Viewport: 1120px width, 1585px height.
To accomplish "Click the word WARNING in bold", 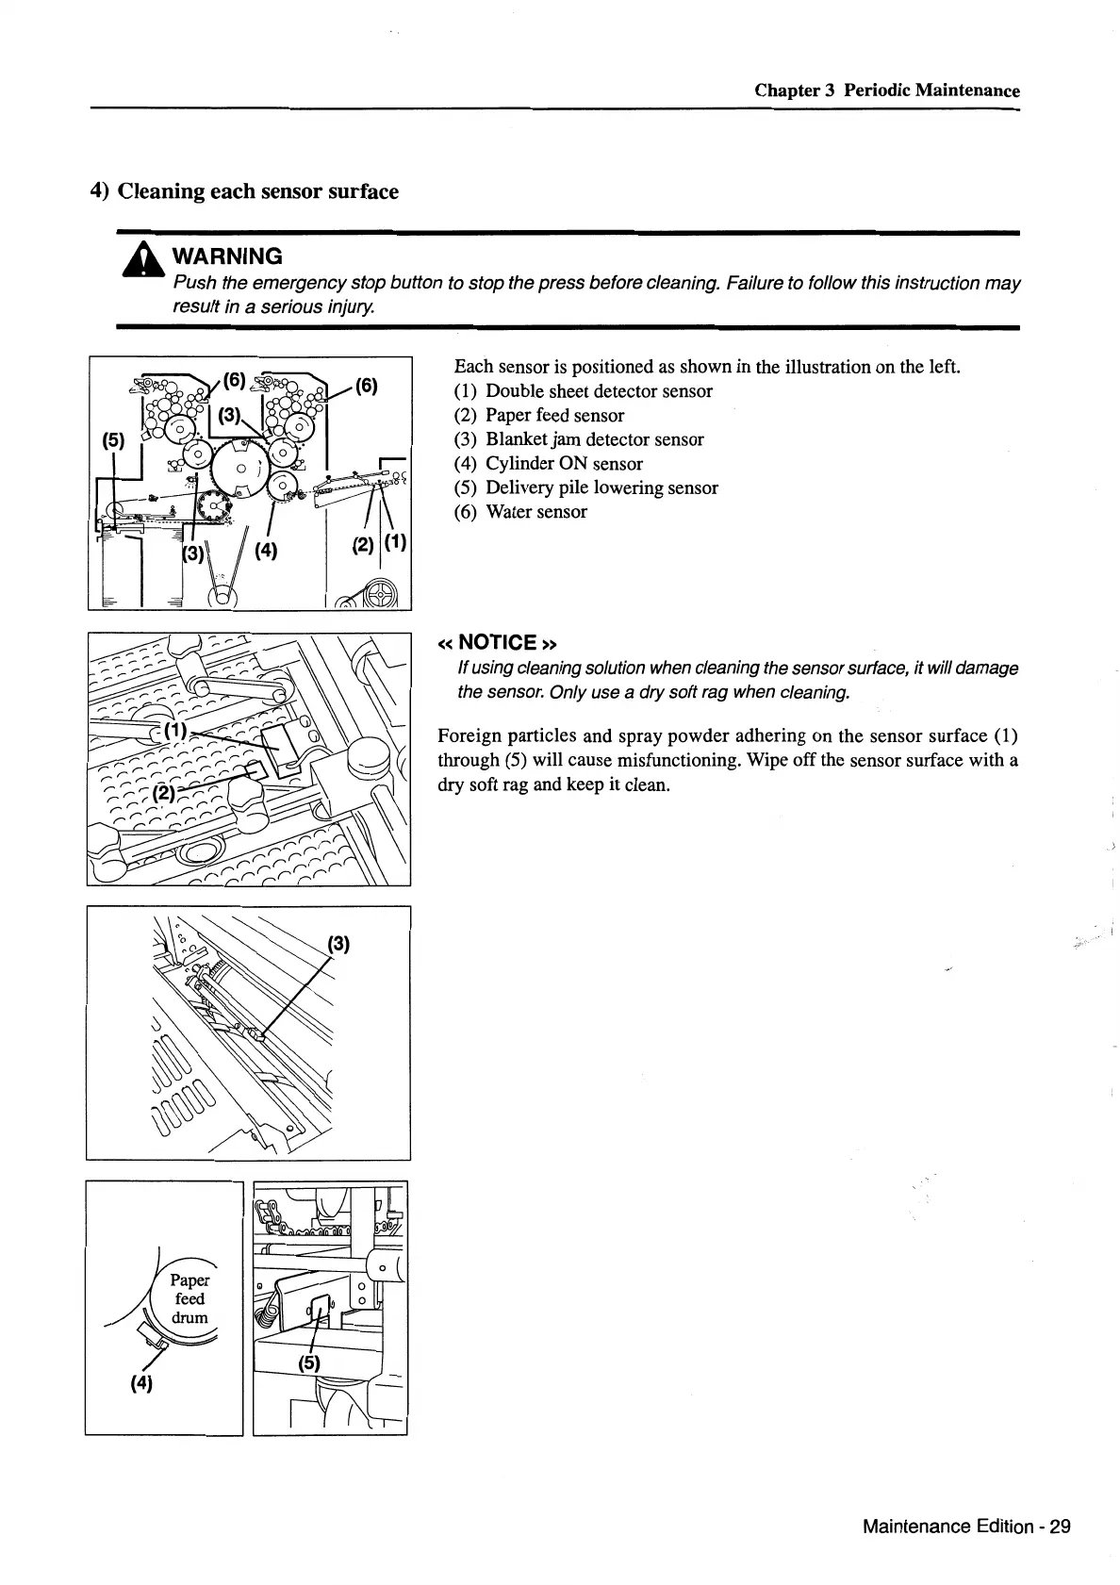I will [227, 256].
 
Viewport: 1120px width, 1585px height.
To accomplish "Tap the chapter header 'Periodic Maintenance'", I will [931, 91].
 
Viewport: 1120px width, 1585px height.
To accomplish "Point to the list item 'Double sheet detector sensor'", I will [599, 391].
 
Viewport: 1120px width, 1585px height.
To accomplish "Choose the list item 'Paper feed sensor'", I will [554, 416].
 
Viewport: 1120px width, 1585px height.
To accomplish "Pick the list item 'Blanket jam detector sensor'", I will [594, 439].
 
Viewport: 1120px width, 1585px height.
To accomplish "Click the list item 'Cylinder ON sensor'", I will [564, 464].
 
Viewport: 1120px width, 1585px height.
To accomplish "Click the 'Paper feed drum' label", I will [189, 1299].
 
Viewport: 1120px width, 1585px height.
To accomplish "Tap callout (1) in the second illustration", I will [175, 731].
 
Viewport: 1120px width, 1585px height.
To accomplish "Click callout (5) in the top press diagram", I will [113, 440].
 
